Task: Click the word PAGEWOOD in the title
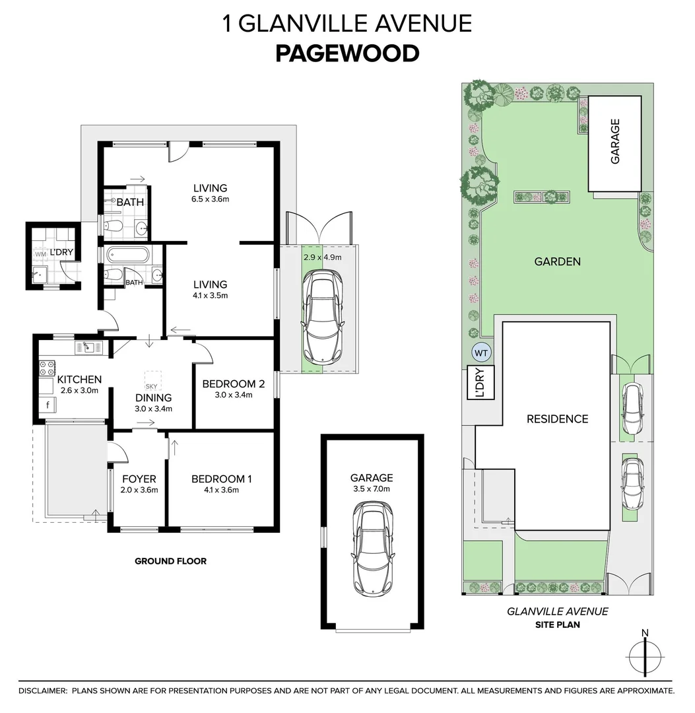coord(347,53)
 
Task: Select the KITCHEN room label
coord(79,379)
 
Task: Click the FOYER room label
coord(139,479)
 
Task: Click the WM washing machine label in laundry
coord(40,254)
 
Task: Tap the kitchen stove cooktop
coord(48,367)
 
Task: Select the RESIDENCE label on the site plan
coord(556,419)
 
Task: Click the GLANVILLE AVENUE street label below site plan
coord(557,611)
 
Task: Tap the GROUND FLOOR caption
coord(170,561)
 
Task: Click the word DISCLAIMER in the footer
coord(42,691)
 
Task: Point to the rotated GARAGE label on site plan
coord(614,141)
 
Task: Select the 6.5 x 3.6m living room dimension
coord(210,199)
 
